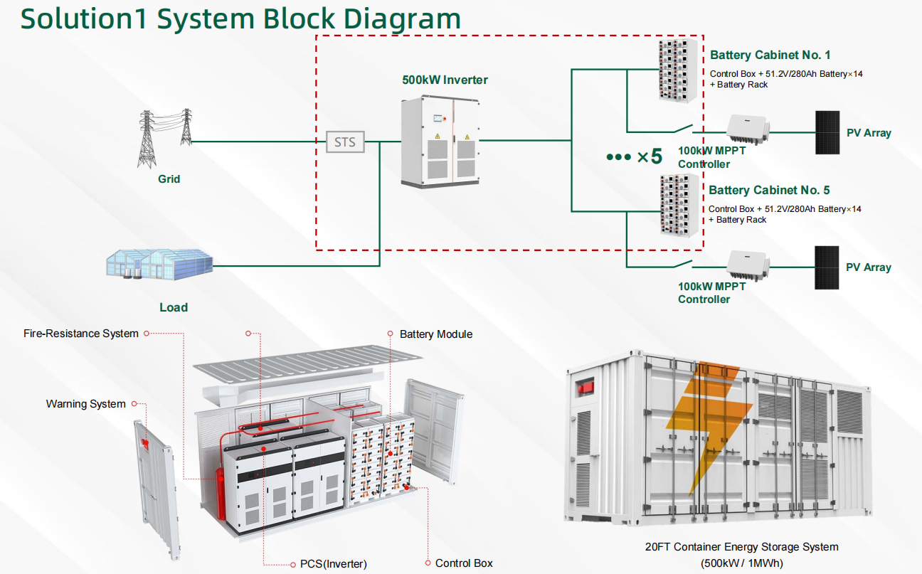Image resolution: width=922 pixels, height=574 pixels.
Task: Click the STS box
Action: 345,142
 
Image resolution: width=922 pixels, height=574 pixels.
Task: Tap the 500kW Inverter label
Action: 445,80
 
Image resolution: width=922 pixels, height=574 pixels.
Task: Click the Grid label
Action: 169,179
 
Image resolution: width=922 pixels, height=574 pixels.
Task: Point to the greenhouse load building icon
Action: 159,263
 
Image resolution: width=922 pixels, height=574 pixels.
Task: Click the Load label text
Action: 173,307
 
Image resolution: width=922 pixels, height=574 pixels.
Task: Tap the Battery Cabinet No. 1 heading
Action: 770,55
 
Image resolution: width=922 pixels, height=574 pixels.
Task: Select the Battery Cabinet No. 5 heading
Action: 769,190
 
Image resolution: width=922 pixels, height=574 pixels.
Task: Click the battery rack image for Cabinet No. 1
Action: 676,70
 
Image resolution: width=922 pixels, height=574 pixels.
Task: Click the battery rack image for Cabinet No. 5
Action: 676,205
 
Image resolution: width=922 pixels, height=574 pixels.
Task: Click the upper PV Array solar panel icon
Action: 827,133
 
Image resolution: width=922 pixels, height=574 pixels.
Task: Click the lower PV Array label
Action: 868,267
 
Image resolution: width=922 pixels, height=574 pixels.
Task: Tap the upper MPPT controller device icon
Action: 747,129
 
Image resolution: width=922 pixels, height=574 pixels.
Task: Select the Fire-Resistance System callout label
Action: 80,333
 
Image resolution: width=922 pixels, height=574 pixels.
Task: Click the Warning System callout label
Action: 85,404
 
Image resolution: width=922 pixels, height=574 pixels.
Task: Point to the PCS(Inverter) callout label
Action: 329,563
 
